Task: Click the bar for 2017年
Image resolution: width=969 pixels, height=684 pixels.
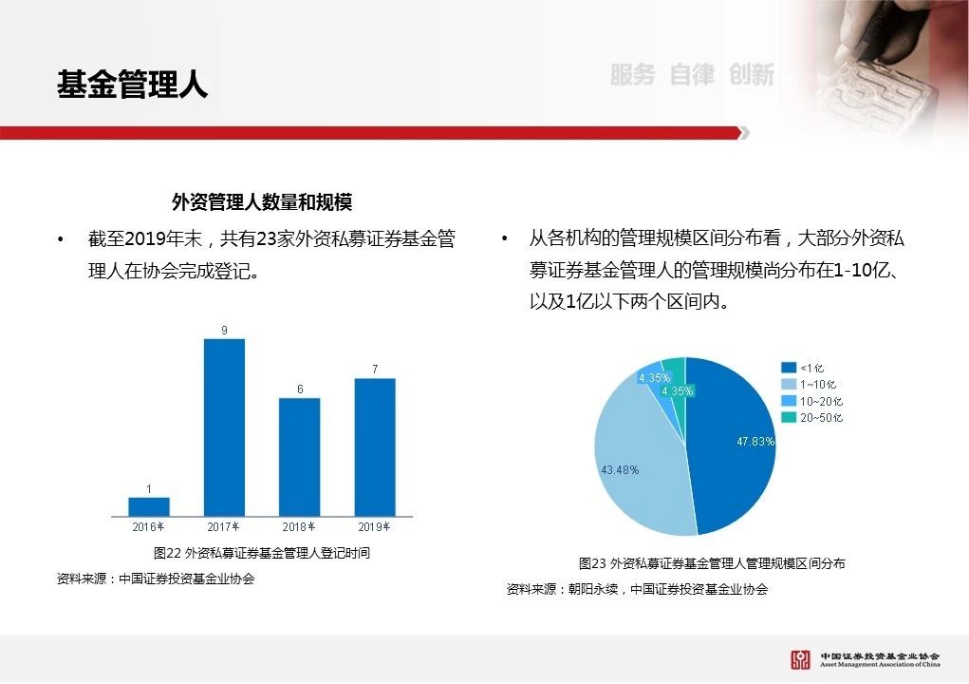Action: click(x=224, y=427)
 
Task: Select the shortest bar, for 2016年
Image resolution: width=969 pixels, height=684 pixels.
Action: click(x=149, y=506)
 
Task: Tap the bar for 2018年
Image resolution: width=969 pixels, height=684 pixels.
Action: click(x=300, y=457)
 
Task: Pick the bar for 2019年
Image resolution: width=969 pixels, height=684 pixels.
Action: click(x=375, y=447)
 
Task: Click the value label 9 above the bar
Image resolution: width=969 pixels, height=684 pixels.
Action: click(x=224, y=331)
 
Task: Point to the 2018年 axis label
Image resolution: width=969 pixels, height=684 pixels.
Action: click(x=299, y=527)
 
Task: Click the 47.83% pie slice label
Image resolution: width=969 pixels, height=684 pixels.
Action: click(x=755, y=441)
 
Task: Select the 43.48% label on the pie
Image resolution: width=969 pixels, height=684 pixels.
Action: click(x=620, y=470)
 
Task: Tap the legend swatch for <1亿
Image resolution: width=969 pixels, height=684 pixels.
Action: click(x=789, y=368)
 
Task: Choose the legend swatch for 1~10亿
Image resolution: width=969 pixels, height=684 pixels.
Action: click(x=789, y=384)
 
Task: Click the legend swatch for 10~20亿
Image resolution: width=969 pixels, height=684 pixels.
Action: click(x=789, y=401)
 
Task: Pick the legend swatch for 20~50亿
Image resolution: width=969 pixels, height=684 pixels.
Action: click(x=789, y=417)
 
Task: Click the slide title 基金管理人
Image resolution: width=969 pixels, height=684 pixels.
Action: click(x=133, y=85)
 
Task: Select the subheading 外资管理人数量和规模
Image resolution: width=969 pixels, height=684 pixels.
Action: click(x=262, y=201)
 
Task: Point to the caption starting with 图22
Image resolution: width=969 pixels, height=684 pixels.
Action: click(x=262, y=552)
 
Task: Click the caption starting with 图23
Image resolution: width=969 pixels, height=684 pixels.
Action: click(x=712, y=563)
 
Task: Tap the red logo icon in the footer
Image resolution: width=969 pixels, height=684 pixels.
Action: click(x=800, y=660)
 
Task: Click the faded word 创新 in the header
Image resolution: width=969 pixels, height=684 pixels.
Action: click(x=752, y=75)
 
